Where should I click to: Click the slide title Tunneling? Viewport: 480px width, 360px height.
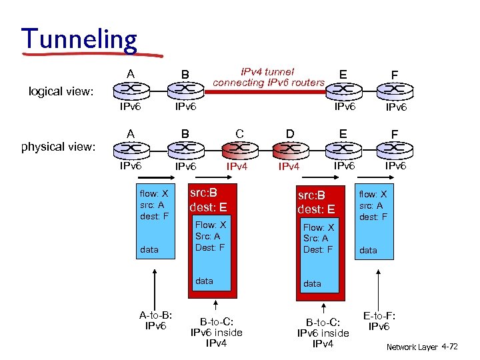click(x=79, y=39)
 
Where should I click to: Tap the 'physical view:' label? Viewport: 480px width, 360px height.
click(x=59, y=146)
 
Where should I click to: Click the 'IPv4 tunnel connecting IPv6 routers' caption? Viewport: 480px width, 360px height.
click(x=269, y=77)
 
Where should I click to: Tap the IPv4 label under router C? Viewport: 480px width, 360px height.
click(x=238, y=166)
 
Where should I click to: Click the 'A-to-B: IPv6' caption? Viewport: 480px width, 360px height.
click(x=155, y=321)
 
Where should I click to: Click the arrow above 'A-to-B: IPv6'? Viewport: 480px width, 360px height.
click(x=155, y=287)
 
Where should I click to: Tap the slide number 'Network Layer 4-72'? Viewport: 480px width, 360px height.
click(x=422, y=347)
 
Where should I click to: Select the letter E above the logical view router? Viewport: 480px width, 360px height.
click(x=343, y=73)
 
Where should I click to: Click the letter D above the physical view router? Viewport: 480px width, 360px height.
click(x=289, y=133)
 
